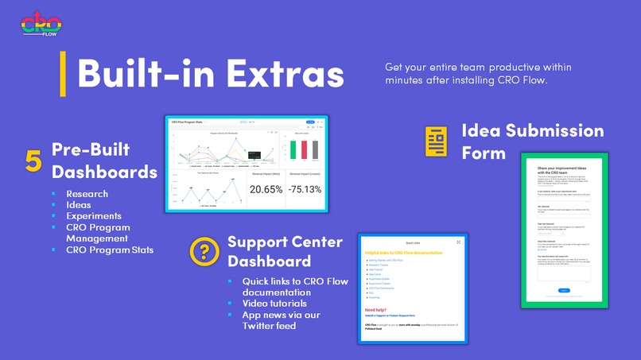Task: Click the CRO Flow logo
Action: point(40,23)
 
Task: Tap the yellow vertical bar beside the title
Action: point(63,73)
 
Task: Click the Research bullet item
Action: point(87,194)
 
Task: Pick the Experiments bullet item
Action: point(94,215)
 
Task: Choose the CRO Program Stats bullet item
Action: point(110,250)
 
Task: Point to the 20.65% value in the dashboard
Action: point(266,189)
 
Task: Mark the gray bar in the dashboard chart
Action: point(313,149)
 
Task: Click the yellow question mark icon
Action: point(204,251)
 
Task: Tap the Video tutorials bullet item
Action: point(274,303)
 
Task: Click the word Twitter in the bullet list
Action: point(261,326)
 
